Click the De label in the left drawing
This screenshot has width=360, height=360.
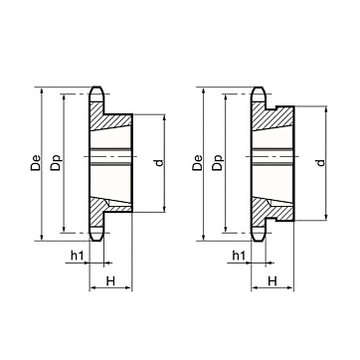point(36,162)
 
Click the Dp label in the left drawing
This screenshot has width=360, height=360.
point(56,162)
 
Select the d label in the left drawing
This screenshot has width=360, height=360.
point(159,163)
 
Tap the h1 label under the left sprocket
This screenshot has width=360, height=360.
point(78,255)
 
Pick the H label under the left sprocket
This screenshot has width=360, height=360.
point(110,281)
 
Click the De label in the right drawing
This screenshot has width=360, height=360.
point(197,162)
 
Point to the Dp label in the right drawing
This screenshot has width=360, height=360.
point(218,162)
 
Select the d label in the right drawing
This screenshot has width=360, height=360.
point(320,163)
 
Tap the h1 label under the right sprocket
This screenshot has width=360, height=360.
point(239,255)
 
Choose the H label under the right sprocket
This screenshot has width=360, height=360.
point(272,281)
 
